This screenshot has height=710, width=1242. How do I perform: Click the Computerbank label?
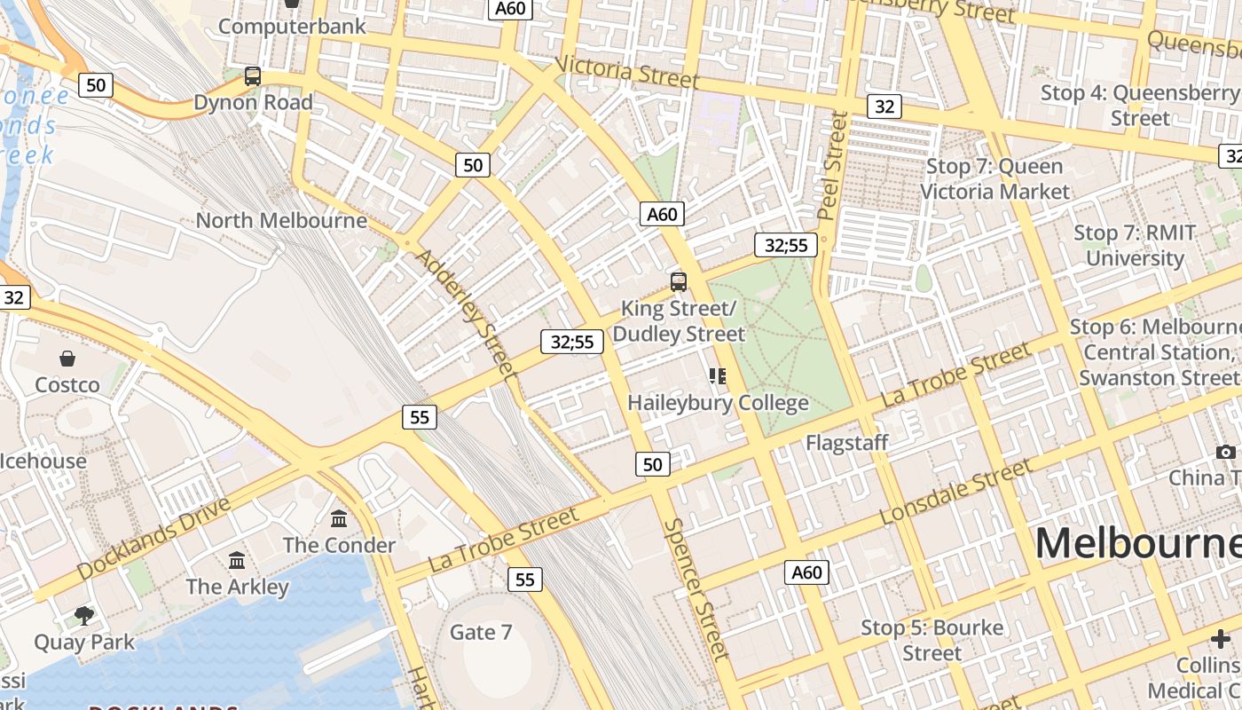[x=292, y=27]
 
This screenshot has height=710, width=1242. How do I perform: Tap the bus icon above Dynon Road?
[x=253, y=76]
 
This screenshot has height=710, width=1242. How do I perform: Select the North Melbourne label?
[x=281, y=220]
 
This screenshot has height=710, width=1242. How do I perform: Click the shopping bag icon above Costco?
[x=67, y=359]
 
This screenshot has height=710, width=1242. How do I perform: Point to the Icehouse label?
[x=43, y=461]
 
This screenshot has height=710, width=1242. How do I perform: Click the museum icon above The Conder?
[x=339, y=518]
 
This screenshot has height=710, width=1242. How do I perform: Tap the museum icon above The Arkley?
[x=237, y=561]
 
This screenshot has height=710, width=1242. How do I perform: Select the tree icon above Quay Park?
[x=84, y=615]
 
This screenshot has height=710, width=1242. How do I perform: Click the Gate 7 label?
[x=481, y=632]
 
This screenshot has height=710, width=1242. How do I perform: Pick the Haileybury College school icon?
[x=718, y=376]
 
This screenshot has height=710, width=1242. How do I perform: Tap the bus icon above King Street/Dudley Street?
[x=679, y=282]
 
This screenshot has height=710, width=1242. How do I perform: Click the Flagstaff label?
[x=846, y=442]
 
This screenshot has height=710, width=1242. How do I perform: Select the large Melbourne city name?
[x=1138, y=542]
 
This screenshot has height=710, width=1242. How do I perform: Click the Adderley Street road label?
[x=466, y=313]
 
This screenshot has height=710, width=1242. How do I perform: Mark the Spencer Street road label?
[x=696, y=589]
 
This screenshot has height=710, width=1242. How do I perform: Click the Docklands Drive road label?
[x=153, y=539]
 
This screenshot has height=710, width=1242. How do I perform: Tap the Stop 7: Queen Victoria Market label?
[x=994, y=178]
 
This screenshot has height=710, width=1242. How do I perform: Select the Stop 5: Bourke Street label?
[x=932, y=640]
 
